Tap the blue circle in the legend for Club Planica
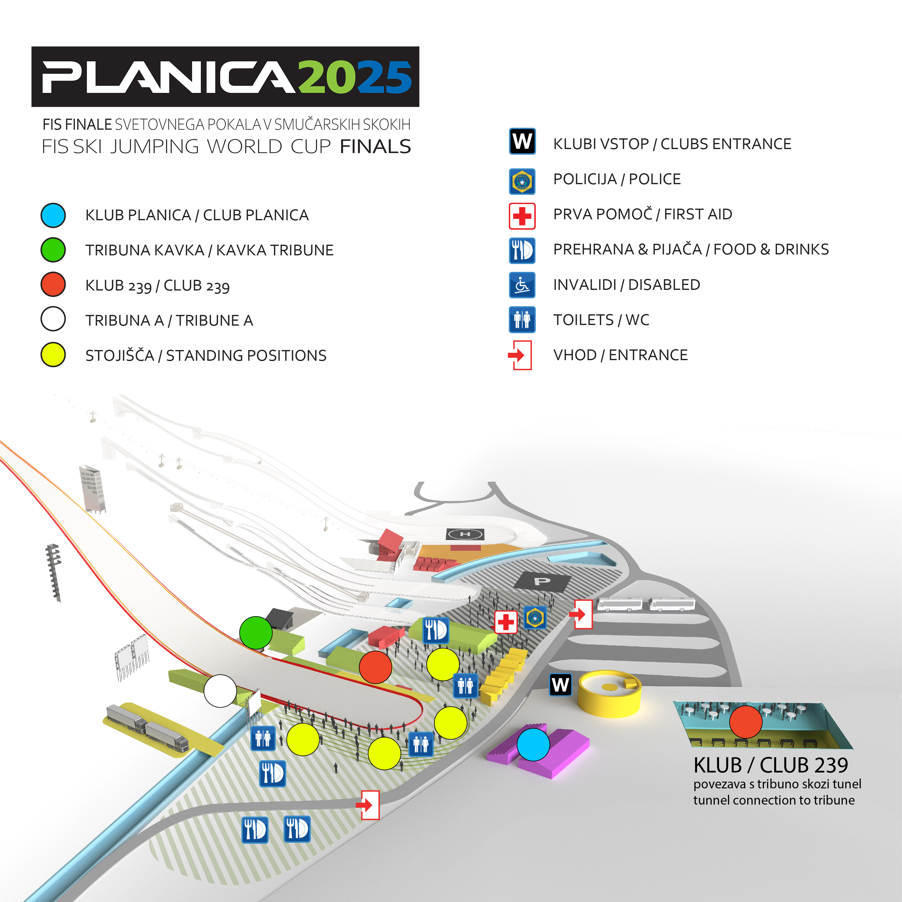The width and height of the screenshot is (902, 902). pos(53,215)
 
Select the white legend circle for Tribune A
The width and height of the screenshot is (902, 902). pos(53,319)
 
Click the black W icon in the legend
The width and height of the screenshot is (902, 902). pos(522,141)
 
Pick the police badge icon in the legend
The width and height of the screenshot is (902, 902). pos(522,181)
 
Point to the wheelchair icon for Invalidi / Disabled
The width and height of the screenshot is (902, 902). pos(522,285)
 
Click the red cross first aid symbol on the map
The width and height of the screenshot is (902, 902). pos(506,622)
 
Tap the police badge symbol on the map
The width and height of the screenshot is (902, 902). pos(535,618)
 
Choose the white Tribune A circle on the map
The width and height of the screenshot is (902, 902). pos(220,691)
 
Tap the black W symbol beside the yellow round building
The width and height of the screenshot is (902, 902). pos(560,685)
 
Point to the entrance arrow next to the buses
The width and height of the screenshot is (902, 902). pos(580,614)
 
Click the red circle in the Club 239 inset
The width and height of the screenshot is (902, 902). pos(746,722)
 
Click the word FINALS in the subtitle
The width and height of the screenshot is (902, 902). pos(375,147)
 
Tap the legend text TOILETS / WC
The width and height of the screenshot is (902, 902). pos(601,320)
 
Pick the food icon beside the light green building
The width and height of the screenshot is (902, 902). pos(436,630)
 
